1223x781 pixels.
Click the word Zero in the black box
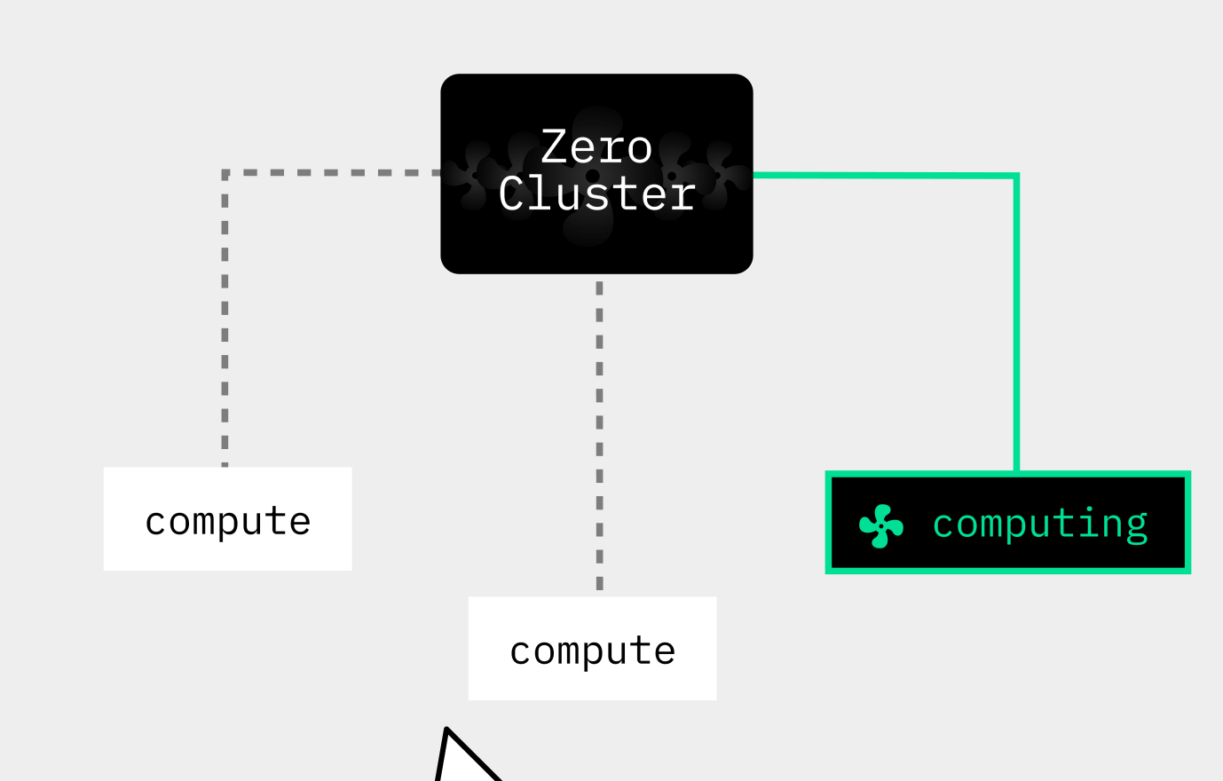tap(596, 147)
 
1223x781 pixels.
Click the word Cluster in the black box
tap(596, 193)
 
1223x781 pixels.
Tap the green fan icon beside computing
tap(880, 525)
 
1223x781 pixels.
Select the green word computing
tap(1040, 524)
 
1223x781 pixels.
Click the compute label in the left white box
tap(228, 521)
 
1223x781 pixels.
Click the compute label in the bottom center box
tap(592, 651)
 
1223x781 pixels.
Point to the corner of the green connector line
tap(1016, 177)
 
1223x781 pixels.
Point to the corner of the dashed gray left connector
tap(225, 173)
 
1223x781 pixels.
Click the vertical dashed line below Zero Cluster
tap(600, 435)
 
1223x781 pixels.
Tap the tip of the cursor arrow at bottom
tap(447, 730)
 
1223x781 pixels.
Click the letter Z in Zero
tap(554, 147)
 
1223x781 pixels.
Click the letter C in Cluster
tap(511, 193)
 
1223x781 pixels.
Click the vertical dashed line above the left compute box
tap(225, 319)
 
